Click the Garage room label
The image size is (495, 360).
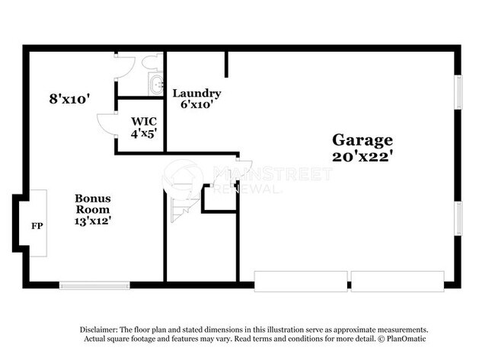362,140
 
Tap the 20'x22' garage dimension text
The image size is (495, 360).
362,156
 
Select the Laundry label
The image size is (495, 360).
196,94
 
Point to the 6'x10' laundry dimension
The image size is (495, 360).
196,104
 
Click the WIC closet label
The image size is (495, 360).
143,121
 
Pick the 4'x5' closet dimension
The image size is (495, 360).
143,132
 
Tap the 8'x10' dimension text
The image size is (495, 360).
70,98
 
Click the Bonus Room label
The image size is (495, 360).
92,204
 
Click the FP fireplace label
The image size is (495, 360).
36,226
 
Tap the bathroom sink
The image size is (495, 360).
157,84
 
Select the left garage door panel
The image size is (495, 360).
299,281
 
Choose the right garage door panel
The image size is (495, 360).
396,281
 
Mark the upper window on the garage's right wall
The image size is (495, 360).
458,92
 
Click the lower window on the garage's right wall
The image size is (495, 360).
458,218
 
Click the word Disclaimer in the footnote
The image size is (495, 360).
99,330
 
